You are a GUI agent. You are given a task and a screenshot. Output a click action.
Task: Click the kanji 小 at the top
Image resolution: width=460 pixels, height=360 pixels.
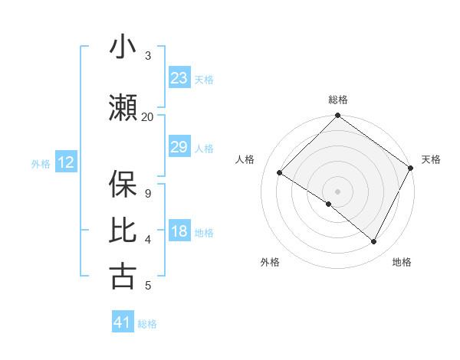pos(123,47)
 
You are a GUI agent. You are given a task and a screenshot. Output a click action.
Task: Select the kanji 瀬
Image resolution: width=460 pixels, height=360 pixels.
pos(123,109)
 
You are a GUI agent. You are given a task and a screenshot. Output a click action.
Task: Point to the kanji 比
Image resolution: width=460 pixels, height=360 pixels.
pos(123,230)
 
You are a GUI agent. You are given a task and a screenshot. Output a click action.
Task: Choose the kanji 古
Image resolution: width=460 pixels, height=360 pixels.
pos(123,276)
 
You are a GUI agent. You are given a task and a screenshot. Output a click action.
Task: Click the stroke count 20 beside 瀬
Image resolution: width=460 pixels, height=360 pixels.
pos(148,117)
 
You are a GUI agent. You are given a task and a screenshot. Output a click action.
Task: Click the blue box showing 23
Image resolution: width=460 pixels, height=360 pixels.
pos(179,78)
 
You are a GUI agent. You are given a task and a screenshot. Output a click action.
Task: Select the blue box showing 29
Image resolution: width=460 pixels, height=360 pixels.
pos(179,147)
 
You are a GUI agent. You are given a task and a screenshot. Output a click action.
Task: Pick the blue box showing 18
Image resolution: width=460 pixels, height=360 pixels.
pos(179,232)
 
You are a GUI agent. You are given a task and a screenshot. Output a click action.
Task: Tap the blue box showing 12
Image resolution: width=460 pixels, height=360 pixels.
pos(65,162)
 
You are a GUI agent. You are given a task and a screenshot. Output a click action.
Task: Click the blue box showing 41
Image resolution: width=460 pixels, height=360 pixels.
pos(123,322)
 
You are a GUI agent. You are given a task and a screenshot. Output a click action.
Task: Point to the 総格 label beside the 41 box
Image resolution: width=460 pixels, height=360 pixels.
pos(147,324)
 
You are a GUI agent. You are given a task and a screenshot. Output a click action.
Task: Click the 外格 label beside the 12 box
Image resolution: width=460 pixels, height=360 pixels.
pos(40,163)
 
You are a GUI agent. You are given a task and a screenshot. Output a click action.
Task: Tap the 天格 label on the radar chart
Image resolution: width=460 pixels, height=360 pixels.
pos(431,159)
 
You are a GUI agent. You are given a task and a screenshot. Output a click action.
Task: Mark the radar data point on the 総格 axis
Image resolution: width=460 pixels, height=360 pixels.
pos(337,116)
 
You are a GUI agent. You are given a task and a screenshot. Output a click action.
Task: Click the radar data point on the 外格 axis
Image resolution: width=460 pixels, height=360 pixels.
pos(329,205)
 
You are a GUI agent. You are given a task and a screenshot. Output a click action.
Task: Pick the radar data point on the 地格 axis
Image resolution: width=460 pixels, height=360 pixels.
pos(374,242)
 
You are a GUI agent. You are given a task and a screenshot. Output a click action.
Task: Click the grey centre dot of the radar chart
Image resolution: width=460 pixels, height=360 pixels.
pos(337,191)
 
